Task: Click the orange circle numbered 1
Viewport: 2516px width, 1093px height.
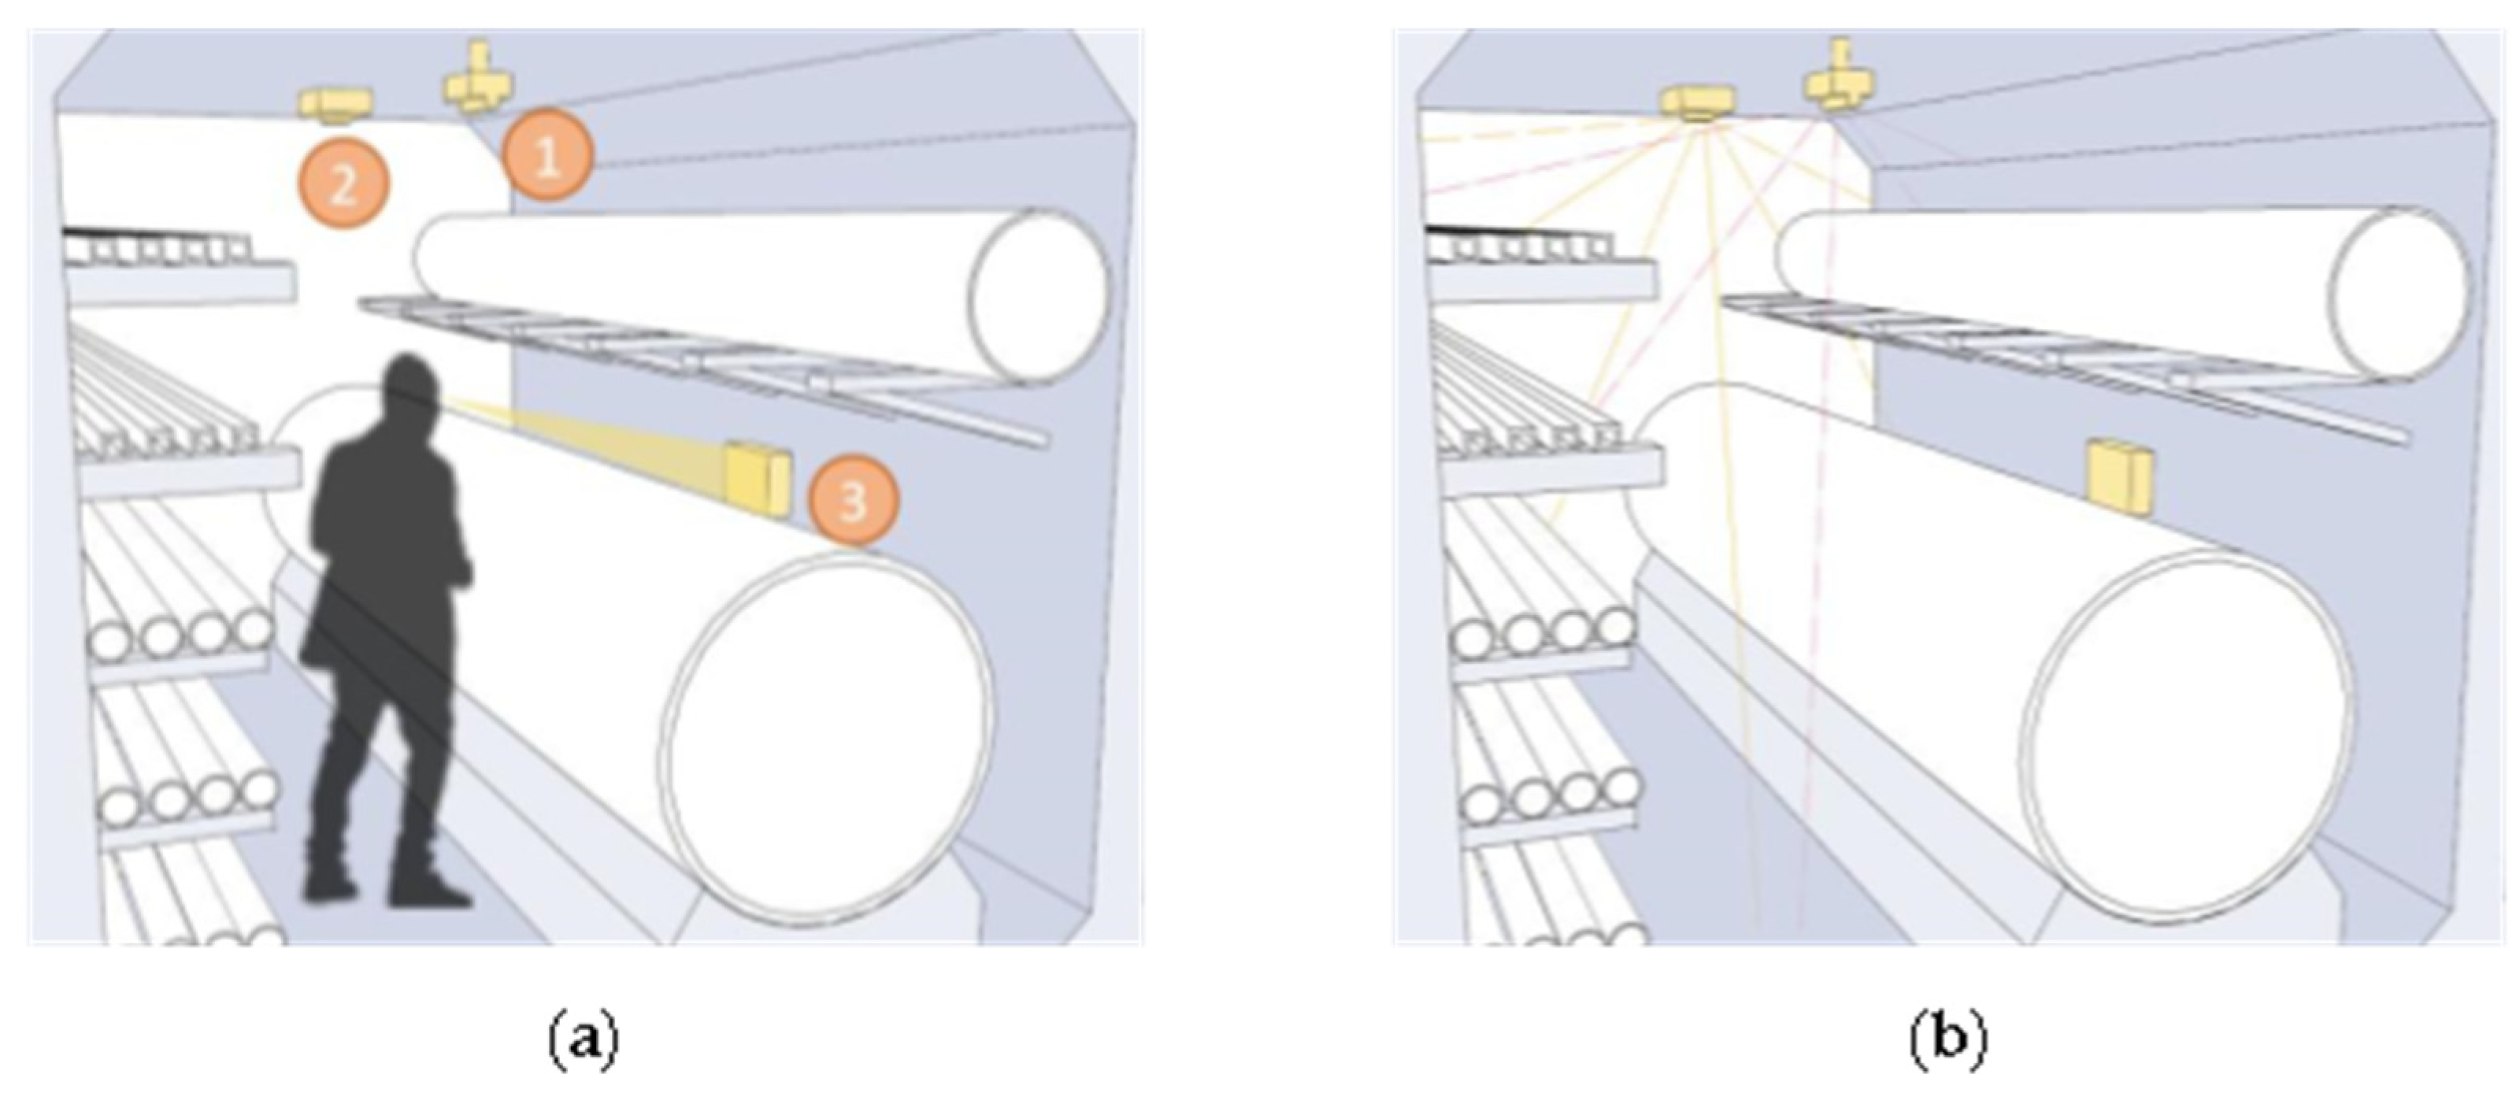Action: coord(548,156)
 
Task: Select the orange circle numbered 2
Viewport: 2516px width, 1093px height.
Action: coord(344,183)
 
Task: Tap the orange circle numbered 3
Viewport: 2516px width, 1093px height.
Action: coord(854,501)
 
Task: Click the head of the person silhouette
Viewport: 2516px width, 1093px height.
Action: coord(409,391)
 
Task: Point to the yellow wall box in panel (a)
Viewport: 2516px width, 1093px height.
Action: coord(757,479)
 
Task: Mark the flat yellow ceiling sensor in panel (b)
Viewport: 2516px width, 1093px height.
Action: coord(1699,102)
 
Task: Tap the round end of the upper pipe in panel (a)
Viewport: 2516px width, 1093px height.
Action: coord(1038,295)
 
